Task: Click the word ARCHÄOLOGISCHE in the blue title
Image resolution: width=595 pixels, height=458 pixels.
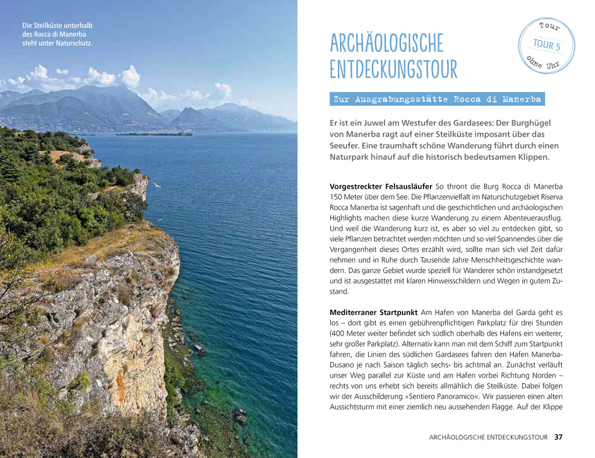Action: [386, 44]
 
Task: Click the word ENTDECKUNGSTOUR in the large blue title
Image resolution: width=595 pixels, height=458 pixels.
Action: [393, 69]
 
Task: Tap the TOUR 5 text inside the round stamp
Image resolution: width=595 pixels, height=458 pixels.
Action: [546, 46]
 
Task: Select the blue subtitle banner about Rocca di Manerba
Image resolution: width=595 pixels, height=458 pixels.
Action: [437, 99]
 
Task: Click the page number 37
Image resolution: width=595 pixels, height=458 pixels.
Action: [559, 437]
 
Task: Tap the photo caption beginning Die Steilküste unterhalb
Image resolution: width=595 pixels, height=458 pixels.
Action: [57, 34]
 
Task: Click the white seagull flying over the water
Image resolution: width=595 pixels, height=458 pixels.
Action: [156, 185]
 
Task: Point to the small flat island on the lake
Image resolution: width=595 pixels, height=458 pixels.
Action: [154, 134]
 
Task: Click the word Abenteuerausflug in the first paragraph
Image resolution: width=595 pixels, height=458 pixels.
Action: [528, 218]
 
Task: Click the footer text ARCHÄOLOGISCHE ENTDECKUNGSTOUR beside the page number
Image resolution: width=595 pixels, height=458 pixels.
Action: [488, 437]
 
